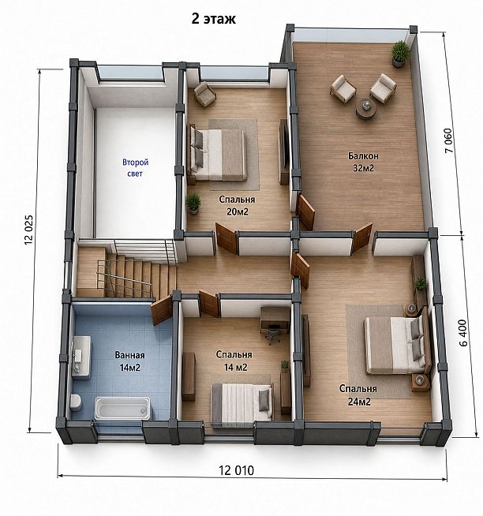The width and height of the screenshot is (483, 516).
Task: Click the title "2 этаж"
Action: coord(214,19)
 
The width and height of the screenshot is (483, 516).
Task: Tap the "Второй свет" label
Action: coord(135,167)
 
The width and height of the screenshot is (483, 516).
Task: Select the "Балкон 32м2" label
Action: coord(364,162)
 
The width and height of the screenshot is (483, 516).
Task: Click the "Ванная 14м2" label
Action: coord(129,361)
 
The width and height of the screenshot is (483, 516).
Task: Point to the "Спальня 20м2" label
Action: coord(237,205)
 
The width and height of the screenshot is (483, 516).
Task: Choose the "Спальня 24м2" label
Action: coord(358,395)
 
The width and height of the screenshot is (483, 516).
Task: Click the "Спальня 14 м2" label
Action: coord(234,361)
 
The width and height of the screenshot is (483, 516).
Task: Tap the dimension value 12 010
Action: coord(237,470)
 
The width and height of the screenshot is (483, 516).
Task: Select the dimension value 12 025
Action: coord(29,230)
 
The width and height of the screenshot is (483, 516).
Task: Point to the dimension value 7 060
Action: coord(449,140)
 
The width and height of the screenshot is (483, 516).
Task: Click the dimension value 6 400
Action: coord(462,333)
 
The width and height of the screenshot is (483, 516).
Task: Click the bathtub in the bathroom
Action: coord(122,409)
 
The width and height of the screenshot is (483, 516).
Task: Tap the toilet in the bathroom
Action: coord(76,402)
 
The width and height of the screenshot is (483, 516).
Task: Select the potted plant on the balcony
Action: coord(399,54)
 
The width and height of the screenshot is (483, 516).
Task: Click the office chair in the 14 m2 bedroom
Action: coord(273,334)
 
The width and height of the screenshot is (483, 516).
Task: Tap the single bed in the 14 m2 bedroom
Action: coord(241,405)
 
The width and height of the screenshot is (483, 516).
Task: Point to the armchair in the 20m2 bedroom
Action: coord(204,93)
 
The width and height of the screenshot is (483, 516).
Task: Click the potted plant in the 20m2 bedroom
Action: coord(193,204)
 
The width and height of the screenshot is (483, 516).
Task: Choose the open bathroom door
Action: coord(162,309)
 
